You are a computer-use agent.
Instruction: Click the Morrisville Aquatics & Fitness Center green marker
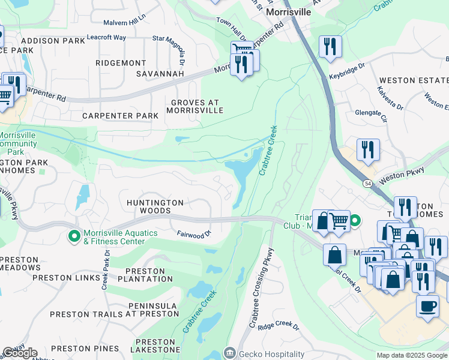pyautogui.click(x=74, y=238)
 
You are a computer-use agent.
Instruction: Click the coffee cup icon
pyautogui.click(x=427, y=306)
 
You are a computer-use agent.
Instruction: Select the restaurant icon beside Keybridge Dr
pyautogui.click(x=330, y=47)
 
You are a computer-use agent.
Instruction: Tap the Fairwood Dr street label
pyautogui.click(x=194, y=233)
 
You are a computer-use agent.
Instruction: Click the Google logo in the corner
pyautogui.click(x=20, y=353)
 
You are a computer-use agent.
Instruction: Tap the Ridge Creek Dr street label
pyautogui.click(x=278, y=326)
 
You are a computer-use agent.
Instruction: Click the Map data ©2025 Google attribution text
pyautogui.click(x=412, y=355)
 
